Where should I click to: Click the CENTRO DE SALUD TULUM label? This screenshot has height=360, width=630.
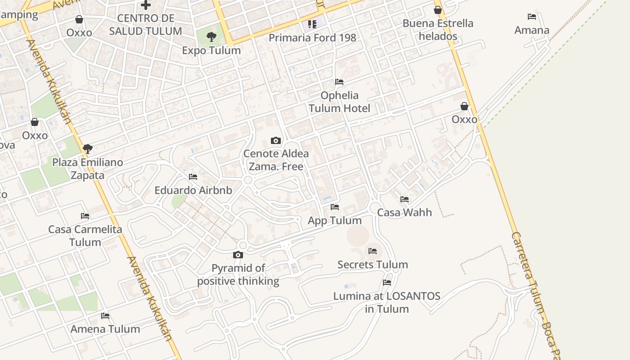coord(145,25)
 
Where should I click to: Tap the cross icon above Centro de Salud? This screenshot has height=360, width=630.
coord(145,5)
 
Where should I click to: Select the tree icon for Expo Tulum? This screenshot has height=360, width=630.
coord(211,37)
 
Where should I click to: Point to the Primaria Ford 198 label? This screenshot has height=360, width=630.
coord(312,38)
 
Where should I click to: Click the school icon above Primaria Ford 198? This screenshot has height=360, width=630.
coord(312,24)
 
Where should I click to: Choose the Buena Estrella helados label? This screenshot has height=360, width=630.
coord(438,30)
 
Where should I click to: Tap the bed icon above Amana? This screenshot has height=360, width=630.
coord(532,17)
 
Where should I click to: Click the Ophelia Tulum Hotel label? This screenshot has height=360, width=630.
coord(339,102)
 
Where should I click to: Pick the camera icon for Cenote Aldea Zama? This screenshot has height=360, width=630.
coord(276,141)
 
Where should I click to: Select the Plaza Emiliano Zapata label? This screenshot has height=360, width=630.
coord(88,169)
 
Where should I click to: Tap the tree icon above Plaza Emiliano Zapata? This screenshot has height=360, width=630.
coord(88,148)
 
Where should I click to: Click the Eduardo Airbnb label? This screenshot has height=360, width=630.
coord(193,190)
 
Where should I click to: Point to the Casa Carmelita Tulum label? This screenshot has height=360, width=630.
coord(85,236)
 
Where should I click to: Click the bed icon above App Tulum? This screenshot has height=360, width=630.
coord(335,207)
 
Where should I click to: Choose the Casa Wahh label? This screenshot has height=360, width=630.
coord(404,212)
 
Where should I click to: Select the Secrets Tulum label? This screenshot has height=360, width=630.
coord(373,265)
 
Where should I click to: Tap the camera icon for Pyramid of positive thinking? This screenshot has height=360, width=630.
coord(238,255)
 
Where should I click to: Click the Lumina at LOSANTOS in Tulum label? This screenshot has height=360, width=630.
coord(387,302)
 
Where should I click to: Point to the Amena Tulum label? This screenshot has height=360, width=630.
coord(105,329)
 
